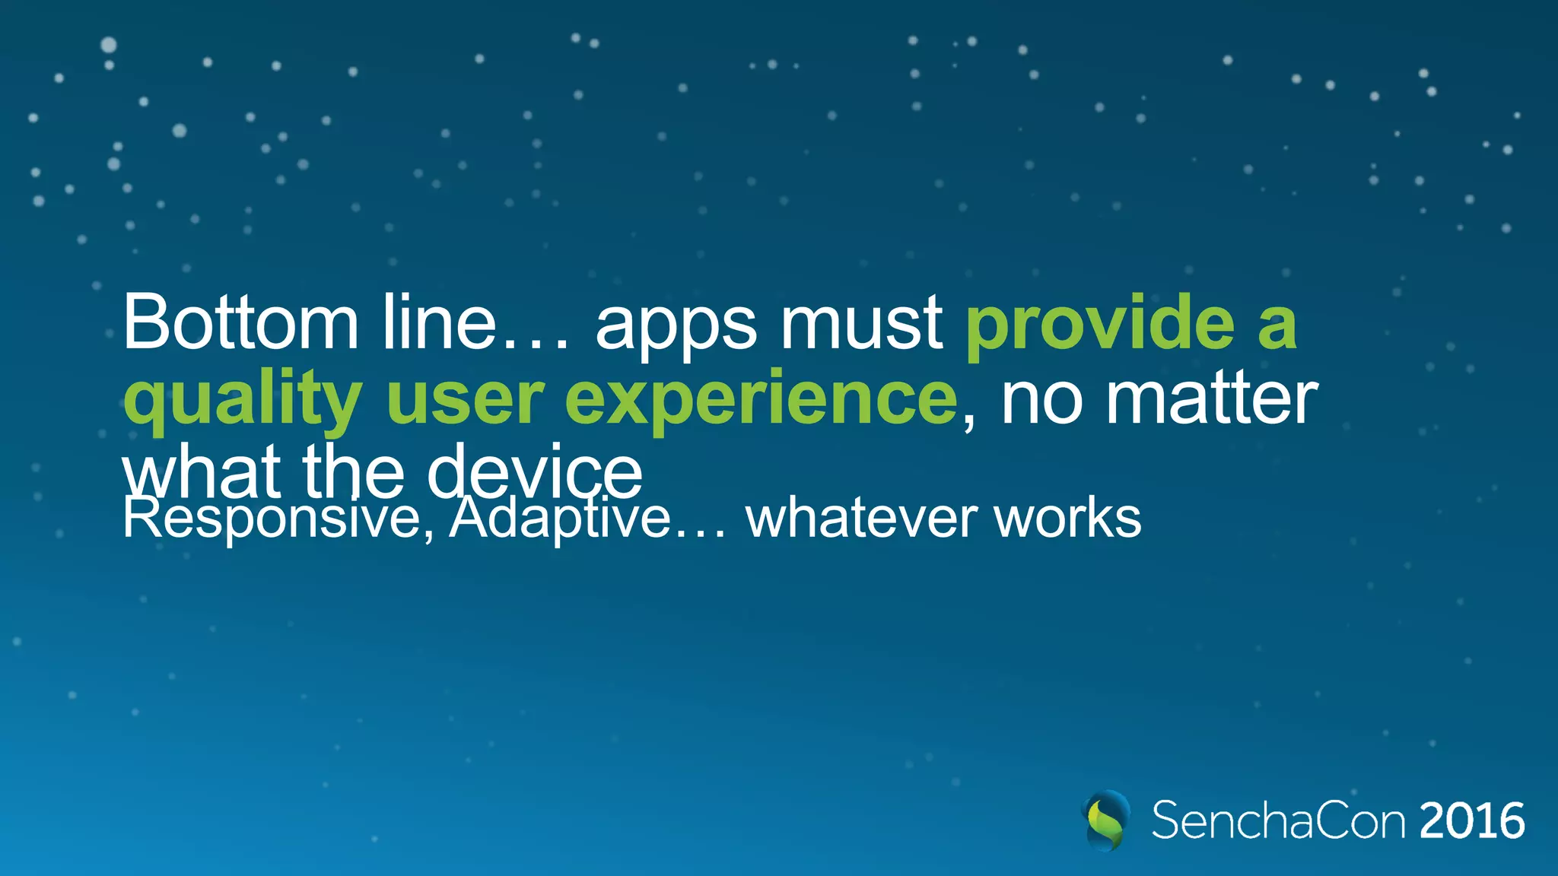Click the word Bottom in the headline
[x=240, y=322]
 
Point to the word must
[x=862, y=324]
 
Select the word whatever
[x=861, y=519]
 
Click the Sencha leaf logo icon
[x=1105, y=820]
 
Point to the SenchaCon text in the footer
[x=1278, y=820]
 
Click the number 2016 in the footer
[x=1471, y=821]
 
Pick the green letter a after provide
[x=1277, y=327]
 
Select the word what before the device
[x=202, y=471]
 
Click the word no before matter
[x=1041, y=400]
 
